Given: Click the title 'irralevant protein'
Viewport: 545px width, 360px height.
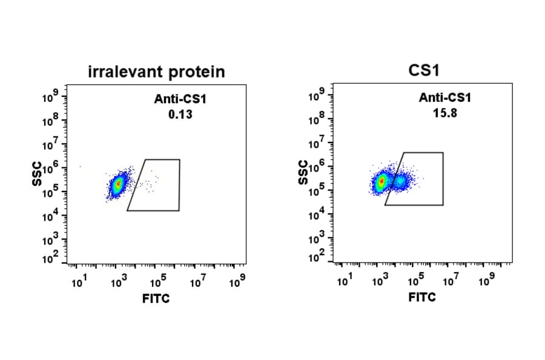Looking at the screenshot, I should (156, 72).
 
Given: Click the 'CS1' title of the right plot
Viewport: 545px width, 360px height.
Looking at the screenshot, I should (424, 70).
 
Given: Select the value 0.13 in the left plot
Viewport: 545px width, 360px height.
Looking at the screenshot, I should (180, 114).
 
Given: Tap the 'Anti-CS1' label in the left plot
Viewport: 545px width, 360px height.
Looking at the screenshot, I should (181, 100).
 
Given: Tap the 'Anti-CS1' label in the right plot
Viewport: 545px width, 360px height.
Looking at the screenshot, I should (445, 98).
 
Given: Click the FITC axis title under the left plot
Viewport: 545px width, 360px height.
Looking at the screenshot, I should (156, 299).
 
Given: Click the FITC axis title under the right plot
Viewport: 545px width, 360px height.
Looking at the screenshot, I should (422, 298).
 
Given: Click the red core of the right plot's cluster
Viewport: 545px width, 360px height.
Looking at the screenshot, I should (381, 181).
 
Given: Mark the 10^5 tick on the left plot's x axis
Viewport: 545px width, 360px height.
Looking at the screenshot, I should (159, 281).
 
